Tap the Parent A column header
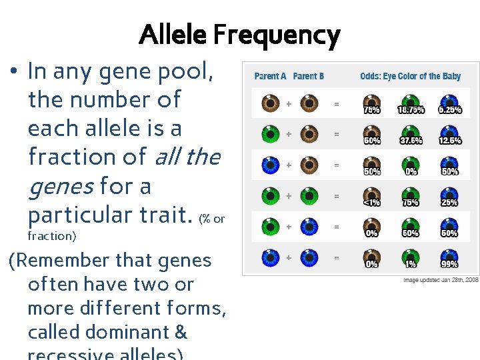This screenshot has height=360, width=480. (x=270, y=76)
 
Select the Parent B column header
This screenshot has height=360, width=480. (x=309, y=76)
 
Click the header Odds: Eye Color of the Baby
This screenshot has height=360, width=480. (x=410, y=76)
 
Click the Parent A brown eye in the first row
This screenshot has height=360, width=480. (x=270, y=103)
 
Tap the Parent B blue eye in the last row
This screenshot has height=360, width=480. (x=309, y=257)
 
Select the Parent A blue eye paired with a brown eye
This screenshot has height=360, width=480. (x=270, y=165)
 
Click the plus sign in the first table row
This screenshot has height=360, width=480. (x=289, y=104)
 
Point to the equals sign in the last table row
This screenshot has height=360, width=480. (x=337, y=257)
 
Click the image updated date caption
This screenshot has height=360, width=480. (x=441, y=280)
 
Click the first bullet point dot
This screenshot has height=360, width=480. (x=14, y=72)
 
